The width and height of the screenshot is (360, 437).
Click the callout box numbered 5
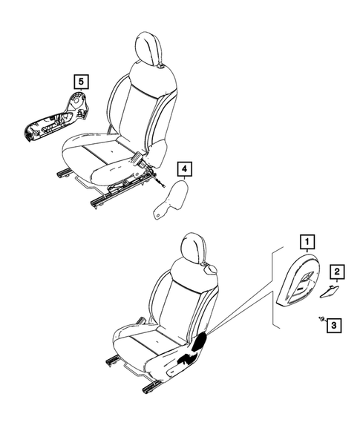point(79,79)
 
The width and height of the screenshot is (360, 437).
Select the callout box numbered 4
point(183,168)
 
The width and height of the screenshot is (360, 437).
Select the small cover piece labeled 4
point(171,200)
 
